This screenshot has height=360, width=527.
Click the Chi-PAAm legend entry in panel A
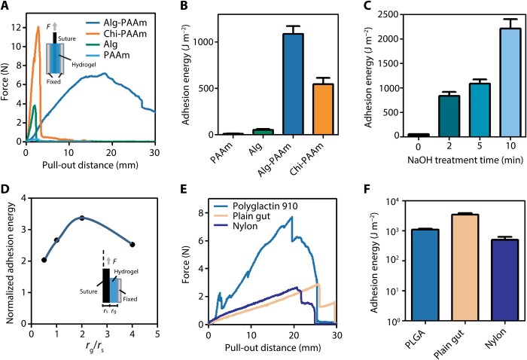(x=139, y=23)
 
